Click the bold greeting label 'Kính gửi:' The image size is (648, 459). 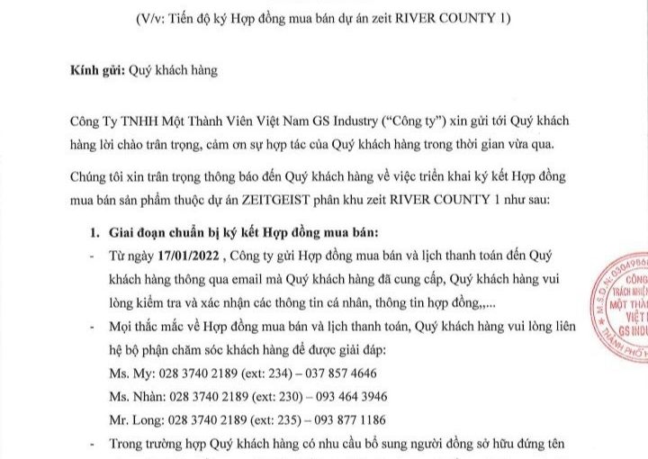[x=95, y=69]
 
